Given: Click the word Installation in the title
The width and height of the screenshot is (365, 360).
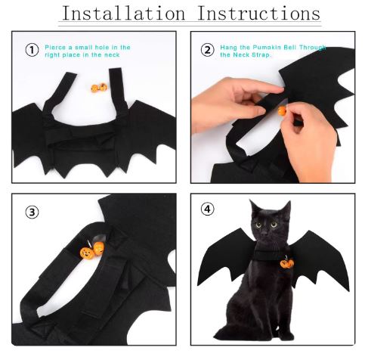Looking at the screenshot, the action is pos(123,13).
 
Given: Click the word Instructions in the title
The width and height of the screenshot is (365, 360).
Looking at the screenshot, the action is pos(259,13).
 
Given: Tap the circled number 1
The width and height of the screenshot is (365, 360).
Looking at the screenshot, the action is pos(32,50).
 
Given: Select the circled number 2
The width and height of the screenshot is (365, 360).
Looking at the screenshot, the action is pos(207,50).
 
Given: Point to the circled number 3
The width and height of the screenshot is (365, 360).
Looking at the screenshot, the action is pos(32,213).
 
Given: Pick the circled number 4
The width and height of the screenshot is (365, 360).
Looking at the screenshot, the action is pos(207,209).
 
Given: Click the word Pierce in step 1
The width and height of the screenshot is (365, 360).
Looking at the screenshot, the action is pos(56,48).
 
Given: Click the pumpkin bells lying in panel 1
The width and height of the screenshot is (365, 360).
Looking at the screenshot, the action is pos(99,88).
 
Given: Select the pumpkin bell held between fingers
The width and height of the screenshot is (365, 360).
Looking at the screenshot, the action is pos(282,110).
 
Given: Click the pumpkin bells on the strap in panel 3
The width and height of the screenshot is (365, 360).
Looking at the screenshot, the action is pos(92,251).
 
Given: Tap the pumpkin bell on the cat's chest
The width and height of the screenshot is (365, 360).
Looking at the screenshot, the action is pos(287,263).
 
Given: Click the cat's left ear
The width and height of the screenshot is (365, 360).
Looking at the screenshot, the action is pos(255,206).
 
